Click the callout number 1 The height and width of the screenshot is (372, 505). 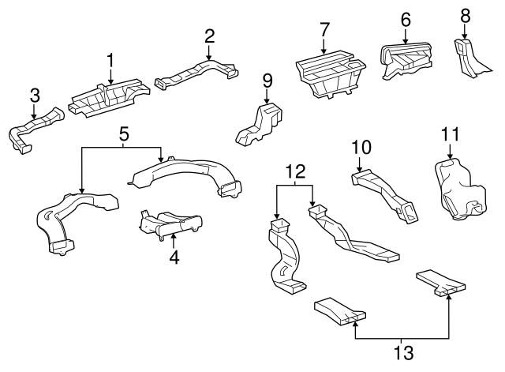(x=111, y=60)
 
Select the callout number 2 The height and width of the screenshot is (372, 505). (x=209, y=36)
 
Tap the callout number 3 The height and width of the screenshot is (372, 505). (x=34, y=96)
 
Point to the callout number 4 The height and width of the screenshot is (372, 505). (x=174, y=257)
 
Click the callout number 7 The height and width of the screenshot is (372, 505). (x=324, y=30)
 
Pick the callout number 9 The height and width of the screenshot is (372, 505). (x=267, y=80)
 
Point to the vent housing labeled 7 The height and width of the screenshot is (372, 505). (x=331, y=75)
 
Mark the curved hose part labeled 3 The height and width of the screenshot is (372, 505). (x=35, y=130)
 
